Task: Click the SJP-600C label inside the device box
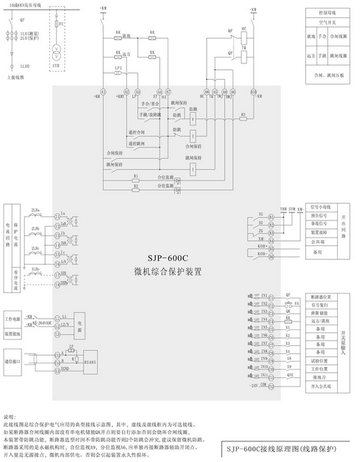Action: [163, 258]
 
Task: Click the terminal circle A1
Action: [103, 92]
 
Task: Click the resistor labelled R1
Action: [135, 175]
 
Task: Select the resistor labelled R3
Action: [243, 113]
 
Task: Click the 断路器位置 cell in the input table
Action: [316, 294]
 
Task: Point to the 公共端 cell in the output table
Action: [316, 242]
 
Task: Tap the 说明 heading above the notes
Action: [9, 414]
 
